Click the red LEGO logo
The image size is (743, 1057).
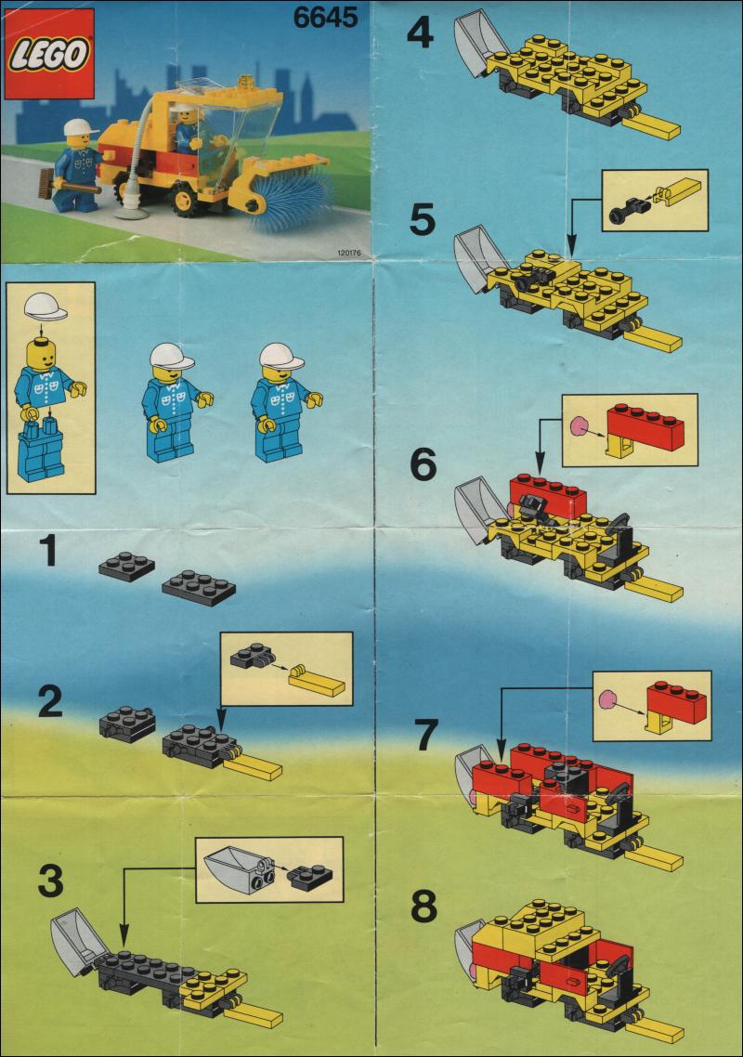point(48,54)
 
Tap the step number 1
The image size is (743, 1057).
point(48,551)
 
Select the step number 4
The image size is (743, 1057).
point(420,33)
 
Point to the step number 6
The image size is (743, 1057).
point(423,464)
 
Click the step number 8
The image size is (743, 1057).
point(424,907)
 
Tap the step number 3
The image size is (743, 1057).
point(50,881)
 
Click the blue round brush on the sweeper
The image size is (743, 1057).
point(290,190)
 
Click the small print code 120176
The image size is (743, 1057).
point(348,254)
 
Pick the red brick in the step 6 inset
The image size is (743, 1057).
point(645,423)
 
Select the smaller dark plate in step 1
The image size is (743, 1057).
point(126,564)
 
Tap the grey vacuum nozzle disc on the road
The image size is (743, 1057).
point(131,214)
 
